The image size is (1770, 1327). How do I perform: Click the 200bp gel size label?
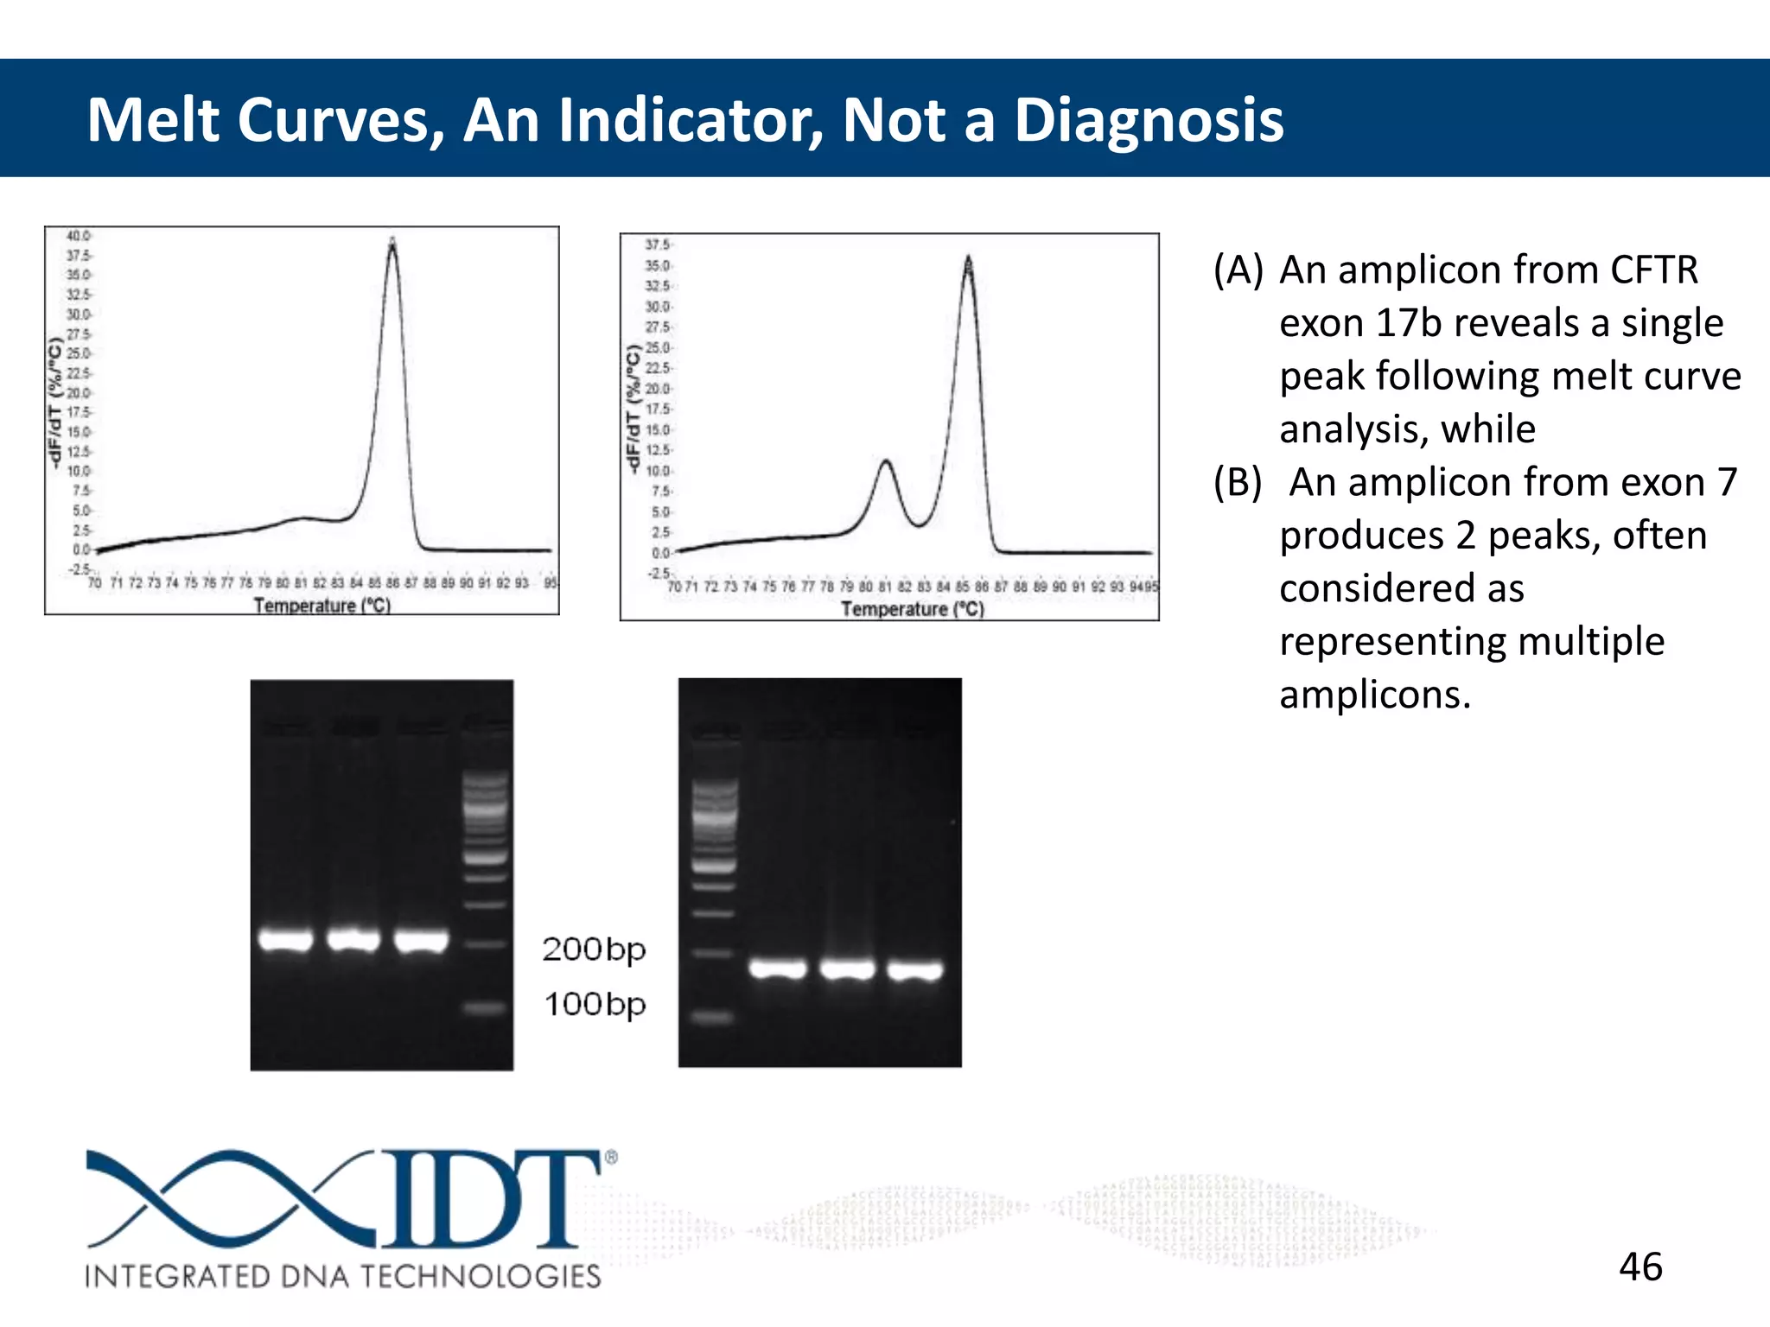point(594,949)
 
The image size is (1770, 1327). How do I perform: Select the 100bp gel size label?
point(594,1005)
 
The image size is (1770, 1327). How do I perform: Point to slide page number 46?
point(1640,1267)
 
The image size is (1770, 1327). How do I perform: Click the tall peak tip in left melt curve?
point(392,243)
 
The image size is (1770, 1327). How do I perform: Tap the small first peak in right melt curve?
point(886,463)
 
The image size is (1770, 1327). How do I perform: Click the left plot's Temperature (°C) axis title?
point(322,606)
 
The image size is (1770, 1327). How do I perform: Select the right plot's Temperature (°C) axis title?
point(912,609)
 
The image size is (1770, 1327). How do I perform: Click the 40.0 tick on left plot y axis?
point(78,236)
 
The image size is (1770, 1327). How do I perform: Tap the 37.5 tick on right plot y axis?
point(657,244)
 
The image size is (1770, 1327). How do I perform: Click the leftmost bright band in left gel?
point(285,939)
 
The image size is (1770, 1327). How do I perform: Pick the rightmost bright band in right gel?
point(914,971)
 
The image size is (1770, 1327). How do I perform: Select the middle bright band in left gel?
point(353,939)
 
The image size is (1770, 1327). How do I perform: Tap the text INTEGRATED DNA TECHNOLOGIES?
point(342,1276)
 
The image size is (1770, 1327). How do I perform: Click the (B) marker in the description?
point(1238,482)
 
